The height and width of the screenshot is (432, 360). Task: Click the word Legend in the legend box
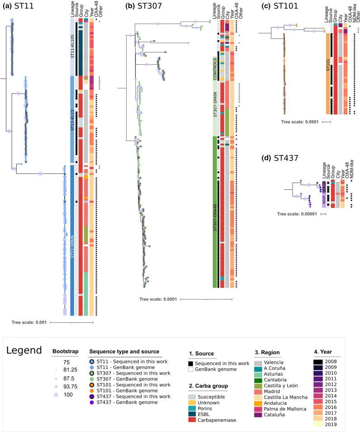click(x=24, y=351)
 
